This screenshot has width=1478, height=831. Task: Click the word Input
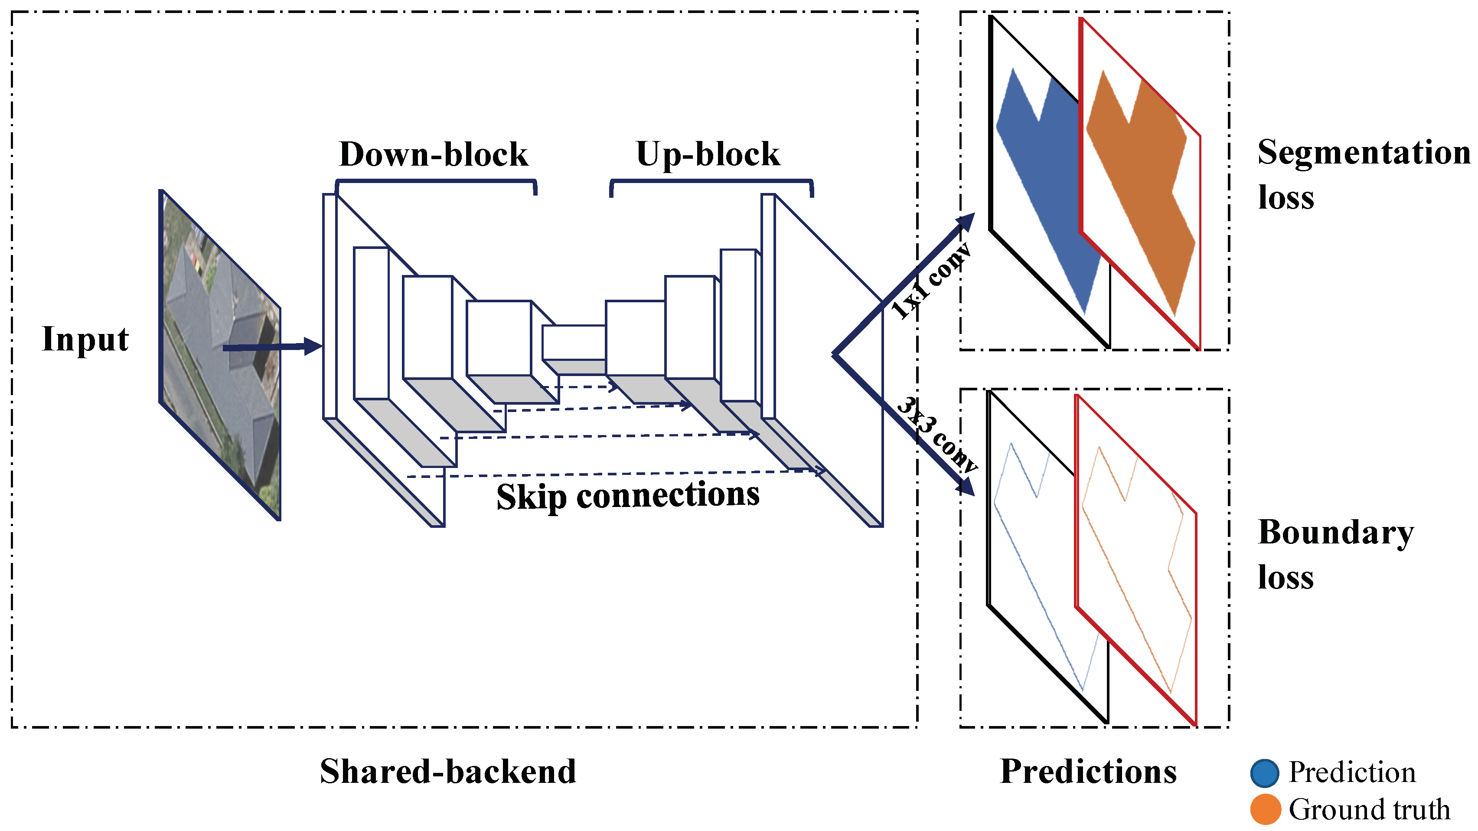coord(85,339)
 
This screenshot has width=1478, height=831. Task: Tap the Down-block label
coord(433,154)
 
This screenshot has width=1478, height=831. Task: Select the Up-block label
coord(708,154)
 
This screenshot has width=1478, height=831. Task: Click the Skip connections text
coord(628,495)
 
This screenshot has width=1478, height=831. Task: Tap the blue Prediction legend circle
coord(1265,773)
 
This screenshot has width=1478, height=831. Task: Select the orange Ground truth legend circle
coord(1265,809)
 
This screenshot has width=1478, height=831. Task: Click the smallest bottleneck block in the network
coord(574,342)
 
